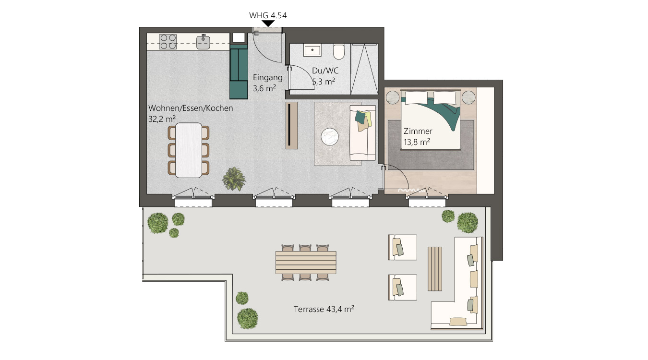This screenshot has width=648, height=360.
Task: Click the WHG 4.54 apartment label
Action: point(268,15)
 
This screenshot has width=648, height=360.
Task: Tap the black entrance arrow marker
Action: point(268,24)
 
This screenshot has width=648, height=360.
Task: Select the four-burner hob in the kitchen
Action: point(168,42)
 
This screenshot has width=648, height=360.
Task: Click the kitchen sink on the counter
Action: point(203,42)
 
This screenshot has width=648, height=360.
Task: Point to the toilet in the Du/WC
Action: point(338,51)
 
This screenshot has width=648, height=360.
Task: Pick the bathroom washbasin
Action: point(312,50)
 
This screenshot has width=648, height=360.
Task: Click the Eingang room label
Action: point(267,78)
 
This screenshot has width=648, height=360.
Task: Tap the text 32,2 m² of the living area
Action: point(162,119)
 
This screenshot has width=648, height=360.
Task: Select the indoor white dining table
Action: point(189,150)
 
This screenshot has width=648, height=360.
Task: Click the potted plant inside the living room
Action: point(234,179)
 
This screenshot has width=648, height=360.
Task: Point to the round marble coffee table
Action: point(330,136)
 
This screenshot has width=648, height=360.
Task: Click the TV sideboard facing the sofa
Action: point(292,125)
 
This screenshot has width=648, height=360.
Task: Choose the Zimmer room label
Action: point(418,131)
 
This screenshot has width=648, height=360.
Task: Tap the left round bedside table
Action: point(393,97)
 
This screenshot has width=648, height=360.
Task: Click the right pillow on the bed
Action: point(444,98)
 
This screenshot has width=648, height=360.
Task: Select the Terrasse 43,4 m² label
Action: point(324,309)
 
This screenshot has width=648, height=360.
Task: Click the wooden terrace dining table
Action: point(306,263)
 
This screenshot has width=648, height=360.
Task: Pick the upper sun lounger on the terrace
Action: point(402,247)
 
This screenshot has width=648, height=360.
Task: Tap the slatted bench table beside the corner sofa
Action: point(435,268)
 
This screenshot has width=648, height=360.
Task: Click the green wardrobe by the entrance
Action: point(239,72)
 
